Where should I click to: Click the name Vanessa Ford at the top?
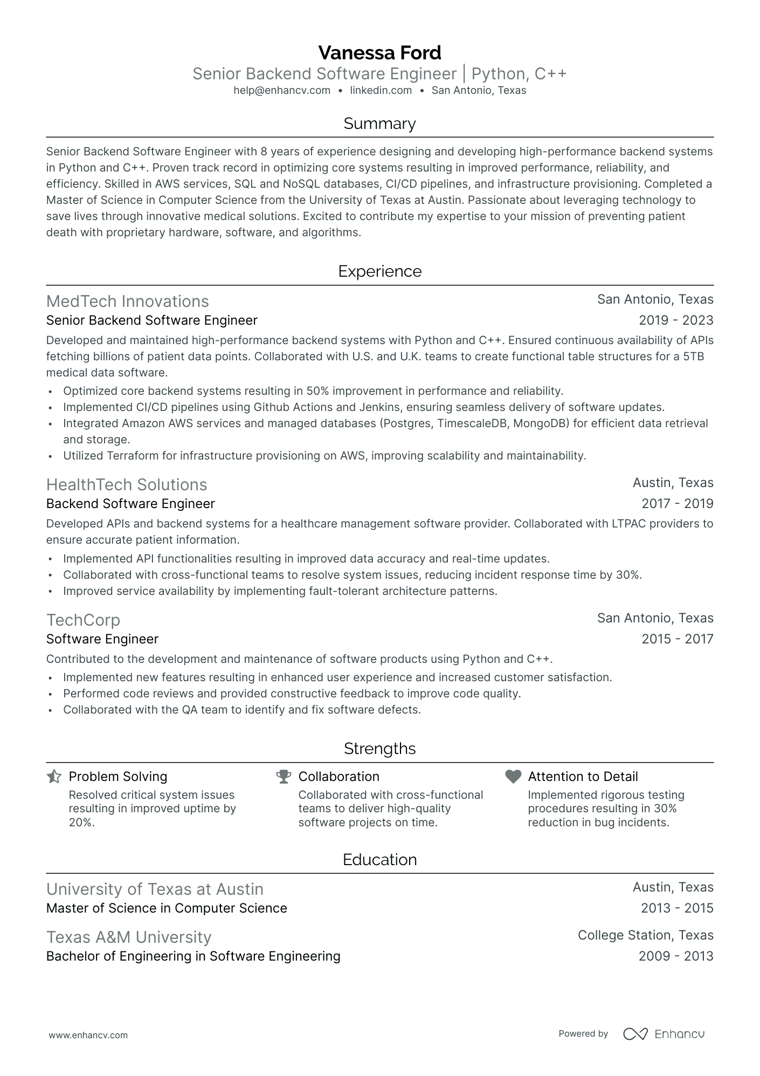(x=379, y=53)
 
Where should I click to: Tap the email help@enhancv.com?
(x=282, y=91)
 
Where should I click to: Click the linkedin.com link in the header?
(x=381, y=91)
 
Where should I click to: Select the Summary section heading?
(x=379, y=124)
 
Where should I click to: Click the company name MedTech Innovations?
(x=127, y=301)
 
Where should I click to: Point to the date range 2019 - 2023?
(x=676, y=320)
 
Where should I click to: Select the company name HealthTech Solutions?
(x=127, y=484)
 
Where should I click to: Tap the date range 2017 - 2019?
(x=677, y=504)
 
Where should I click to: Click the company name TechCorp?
(x=83, y=620)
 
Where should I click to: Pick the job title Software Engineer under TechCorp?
(x=102, y=639)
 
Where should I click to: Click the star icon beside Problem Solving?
(x=54, y=777)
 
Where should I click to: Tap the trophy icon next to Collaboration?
(x=284, y=777)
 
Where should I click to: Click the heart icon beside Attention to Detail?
(x=513, y=777)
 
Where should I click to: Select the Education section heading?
(x=379, y=859)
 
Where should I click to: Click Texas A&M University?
(x=129, y=937)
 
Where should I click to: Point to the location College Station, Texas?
(x=645, y=935)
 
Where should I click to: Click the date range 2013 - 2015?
(x=677, y=908)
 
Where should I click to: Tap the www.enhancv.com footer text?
(x=88, y=1035)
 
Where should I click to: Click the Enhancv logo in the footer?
(x=664, y=1034)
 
